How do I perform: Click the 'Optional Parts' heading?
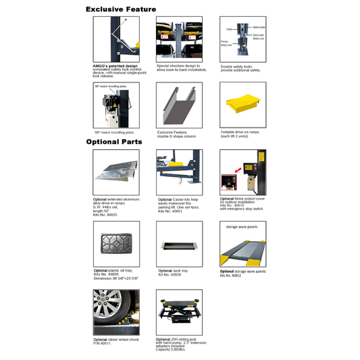[x=115, y=142]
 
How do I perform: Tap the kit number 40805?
[x=109, y=215]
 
